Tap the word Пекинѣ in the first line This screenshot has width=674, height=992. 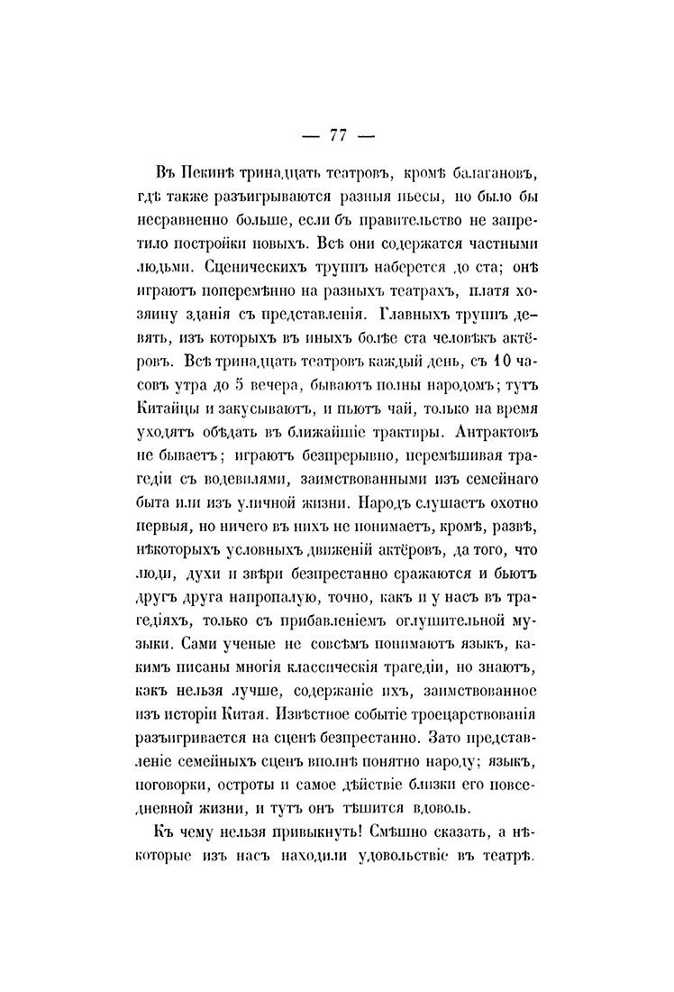pyautogui.click(x=204, y=172)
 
